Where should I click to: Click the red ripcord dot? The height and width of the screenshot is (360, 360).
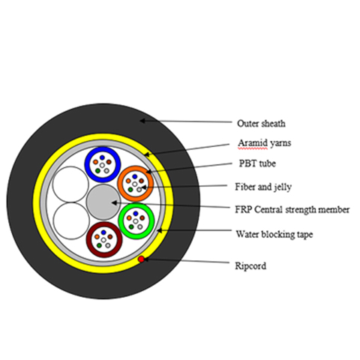[x=142, y=259]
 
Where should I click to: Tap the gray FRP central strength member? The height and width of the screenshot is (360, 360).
[x=103, y=202]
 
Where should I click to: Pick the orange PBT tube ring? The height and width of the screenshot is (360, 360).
[x=119, y=184]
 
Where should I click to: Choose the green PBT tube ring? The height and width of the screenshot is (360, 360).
[x=120, y=221]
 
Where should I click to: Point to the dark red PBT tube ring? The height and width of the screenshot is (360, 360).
[x=88, y=240]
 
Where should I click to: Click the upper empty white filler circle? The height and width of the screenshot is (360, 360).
[x=70, y=184]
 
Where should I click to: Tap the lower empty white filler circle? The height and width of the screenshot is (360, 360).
[x=71, y=220]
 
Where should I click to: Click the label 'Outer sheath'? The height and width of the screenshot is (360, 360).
[x=261, y=124]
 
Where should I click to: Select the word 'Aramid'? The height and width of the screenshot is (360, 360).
[x=253, y=143]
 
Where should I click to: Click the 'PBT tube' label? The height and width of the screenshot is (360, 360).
[x=257, y=163]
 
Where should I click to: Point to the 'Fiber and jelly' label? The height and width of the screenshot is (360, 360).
[x=263, y=187]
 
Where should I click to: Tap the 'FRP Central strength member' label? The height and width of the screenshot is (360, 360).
[x=292, y=209]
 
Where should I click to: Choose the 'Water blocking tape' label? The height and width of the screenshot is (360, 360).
[x=274, y=234]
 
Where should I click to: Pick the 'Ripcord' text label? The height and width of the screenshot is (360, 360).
[x=250, y=265]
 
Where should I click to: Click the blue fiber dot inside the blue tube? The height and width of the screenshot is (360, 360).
[x=102, y=157]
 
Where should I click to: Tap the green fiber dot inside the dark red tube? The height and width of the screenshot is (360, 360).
[x=99, y=245]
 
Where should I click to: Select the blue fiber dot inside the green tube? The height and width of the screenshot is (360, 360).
[x=136, y=214]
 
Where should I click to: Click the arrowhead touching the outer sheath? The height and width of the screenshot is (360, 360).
[x=142, y=121]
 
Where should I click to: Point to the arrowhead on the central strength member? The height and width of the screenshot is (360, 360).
[x=115, y=202]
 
